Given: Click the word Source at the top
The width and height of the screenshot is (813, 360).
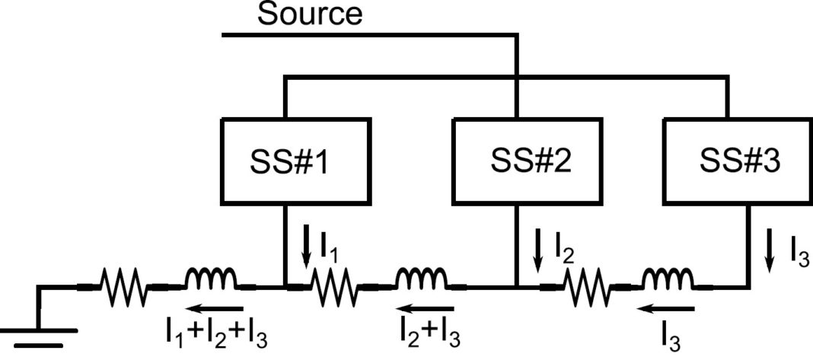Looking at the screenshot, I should (310, 14).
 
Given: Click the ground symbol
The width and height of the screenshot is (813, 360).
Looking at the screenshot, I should (38, 335).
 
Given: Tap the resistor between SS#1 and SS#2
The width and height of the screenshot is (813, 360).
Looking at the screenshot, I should (333, 288).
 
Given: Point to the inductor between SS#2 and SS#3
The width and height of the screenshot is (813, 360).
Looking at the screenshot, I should (667, 283).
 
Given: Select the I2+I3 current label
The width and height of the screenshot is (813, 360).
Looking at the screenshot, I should (429, 333).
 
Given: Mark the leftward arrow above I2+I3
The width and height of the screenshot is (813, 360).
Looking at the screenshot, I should (427, 310).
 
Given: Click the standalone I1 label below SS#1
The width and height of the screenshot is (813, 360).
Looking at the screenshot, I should (327, 247).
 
